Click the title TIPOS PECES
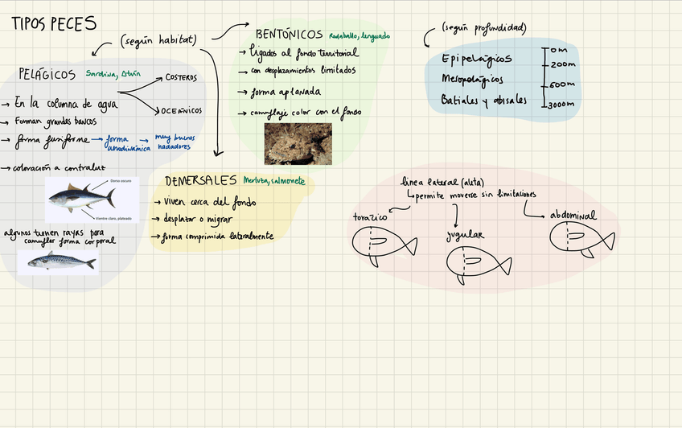[54, 25]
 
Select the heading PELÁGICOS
[47, 74]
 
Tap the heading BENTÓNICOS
[289, 35]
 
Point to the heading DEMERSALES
[201, 180]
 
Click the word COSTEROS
[181, 78]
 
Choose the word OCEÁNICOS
[182, 110]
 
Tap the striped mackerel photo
[62, 261]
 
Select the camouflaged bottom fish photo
[298, 142]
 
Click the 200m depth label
[565, 64]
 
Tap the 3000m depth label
[563, 105]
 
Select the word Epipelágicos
[477, 60]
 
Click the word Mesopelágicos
[472, 80]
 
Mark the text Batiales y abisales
[484, 100]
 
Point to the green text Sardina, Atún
[114, 74]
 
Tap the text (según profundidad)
[484, 28]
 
